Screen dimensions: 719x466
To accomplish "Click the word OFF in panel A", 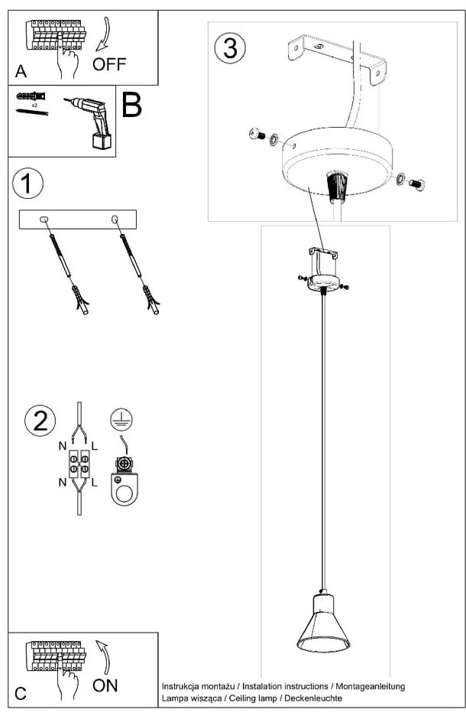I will point(109,63).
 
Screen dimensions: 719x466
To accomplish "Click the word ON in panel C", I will point(105,685).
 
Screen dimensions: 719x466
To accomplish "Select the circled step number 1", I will point(28,184).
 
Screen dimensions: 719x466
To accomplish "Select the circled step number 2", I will point(40,421).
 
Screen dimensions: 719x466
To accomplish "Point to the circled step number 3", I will point(230,47).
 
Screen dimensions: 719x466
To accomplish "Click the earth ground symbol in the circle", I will point(118,418).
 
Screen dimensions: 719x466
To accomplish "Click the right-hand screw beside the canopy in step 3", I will point(417,184).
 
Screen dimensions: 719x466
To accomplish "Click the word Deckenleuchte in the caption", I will point(316,699).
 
